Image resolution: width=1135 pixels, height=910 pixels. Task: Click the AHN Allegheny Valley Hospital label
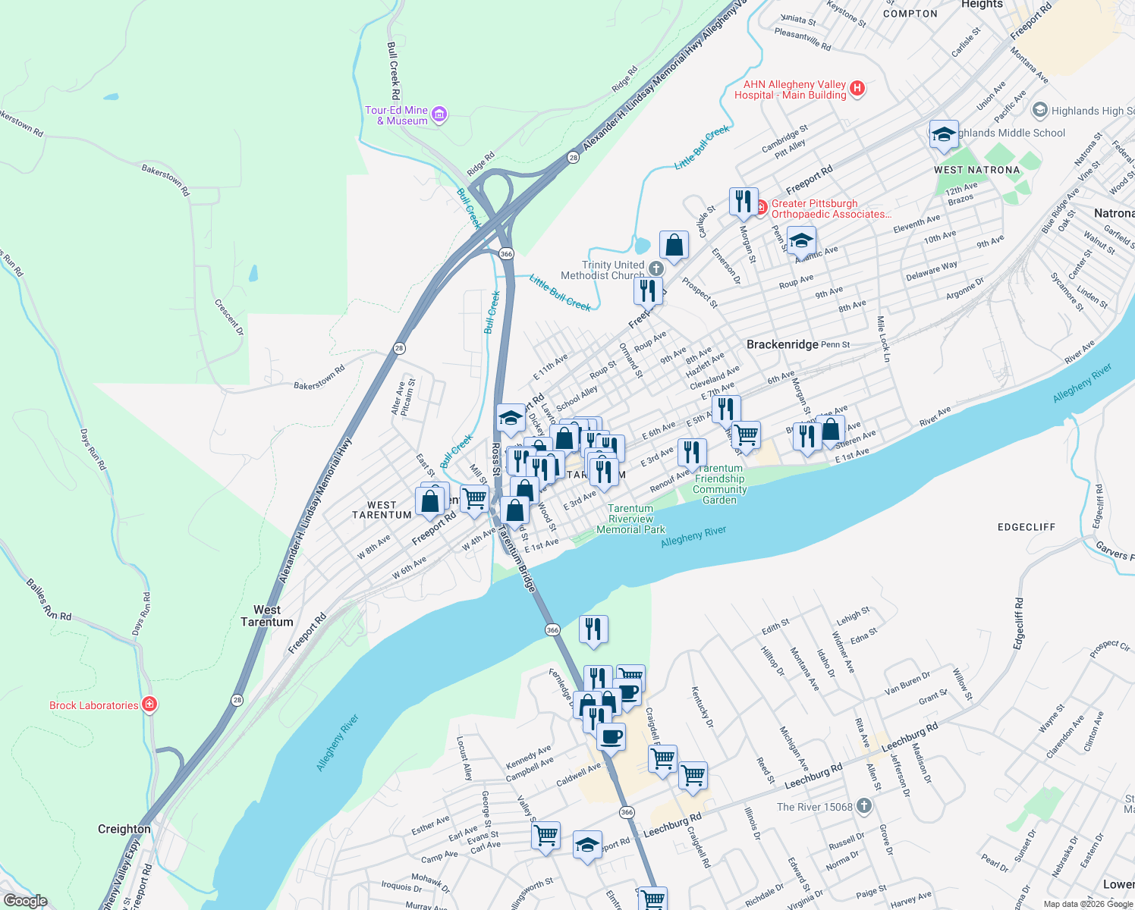[790, 89]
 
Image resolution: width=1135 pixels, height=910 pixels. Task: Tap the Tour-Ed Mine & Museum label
[397, 115]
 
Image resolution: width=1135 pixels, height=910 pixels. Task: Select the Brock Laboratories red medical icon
[149, 704]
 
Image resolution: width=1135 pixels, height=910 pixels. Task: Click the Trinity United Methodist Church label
[602, 270]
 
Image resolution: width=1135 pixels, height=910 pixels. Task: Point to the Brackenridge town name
[782, 344]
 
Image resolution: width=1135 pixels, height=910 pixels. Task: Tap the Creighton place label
[124, 829]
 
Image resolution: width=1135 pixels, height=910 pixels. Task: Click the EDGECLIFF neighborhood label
[1027, 526]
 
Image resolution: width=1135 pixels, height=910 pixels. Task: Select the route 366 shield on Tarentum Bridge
[552, 630]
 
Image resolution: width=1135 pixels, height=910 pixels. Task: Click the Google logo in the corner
[25, 901]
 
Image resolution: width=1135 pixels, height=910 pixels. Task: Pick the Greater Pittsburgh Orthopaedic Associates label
[830, 209]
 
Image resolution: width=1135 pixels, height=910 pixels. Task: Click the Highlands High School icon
[1040, 110]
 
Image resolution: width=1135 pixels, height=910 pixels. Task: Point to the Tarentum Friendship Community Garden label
[719, 484]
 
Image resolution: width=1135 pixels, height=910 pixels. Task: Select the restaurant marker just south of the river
[593, 629]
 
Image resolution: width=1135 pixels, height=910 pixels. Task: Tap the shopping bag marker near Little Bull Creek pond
[674, 245]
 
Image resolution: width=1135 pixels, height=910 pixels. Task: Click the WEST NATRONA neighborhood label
[977, 170]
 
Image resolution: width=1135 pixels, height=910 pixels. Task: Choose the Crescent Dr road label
[228, 317]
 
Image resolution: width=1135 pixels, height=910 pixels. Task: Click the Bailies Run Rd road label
[49, 600]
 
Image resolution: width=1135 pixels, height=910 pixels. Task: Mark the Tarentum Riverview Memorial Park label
[630, 519]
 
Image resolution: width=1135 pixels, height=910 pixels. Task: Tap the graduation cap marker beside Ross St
[511, 418]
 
